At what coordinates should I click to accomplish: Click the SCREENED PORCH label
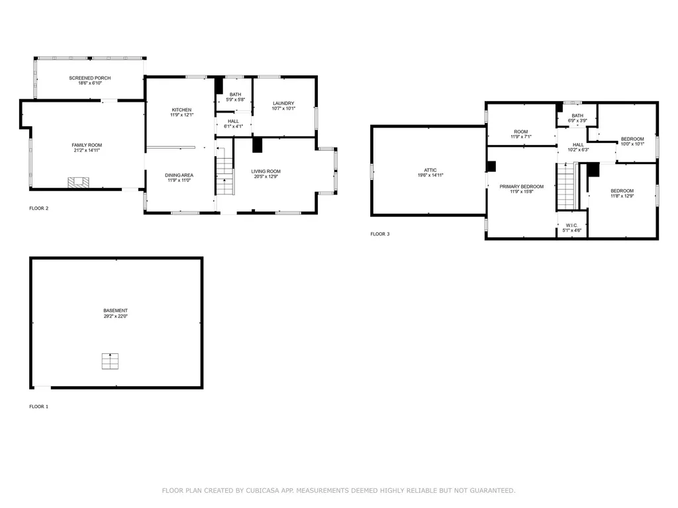click(89, 78)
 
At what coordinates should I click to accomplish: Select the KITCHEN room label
click(181, 110)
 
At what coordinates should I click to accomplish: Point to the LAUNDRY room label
click(283, 103)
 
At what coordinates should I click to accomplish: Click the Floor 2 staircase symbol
click(225, 173)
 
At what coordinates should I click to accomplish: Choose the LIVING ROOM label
click(266, 171)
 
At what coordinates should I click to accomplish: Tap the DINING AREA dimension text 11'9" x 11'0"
click(179, 181)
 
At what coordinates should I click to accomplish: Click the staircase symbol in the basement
click(111, 361)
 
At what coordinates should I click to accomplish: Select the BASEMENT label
click(115, 310)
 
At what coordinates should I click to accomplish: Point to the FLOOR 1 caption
click(38, 407)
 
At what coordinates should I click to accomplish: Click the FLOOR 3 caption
click(379, 234)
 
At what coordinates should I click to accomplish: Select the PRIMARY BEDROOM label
click(521, 187)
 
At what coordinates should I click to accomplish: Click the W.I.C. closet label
click(571, 225)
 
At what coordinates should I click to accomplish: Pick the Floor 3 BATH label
click(577, 116)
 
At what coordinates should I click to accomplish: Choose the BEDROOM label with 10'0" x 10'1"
click(632, 139)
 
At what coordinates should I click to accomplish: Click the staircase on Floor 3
click(566, 186)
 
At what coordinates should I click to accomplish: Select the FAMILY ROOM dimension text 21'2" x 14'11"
click(87, 150)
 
